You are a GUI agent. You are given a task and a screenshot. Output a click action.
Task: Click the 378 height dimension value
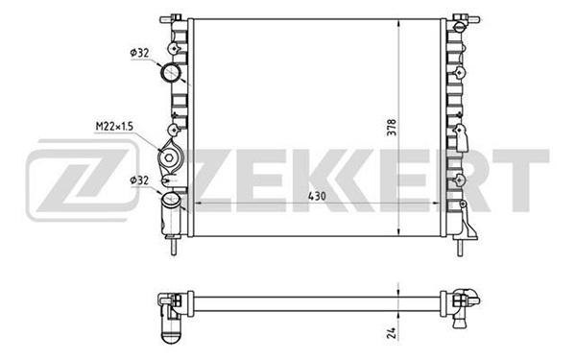tap(393, 127)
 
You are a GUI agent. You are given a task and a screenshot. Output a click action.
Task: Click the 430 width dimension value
tap(317, 197)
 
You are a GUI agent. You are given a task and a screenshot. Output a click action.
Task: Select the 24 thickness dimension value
tap(392, 333)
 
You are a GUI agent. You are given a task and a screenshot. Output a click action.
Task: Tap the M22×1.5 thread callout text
tap(114, 127)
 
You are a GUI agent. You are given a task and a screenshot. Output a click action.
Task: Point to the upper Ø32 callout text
tap(139, 53)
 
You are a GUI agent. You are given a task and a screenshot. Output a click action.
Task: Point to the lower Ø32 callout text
tap(139, 180)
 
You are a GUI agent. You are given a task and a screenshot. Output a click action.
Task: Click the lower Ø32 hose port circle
tap(171, 200)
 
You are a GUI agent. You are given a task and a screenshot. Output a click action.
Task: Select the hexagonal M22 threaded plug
tap(168, 157)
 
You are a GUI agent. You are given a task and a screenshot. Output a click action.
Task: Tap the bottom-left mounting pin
tap(174, 246)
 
